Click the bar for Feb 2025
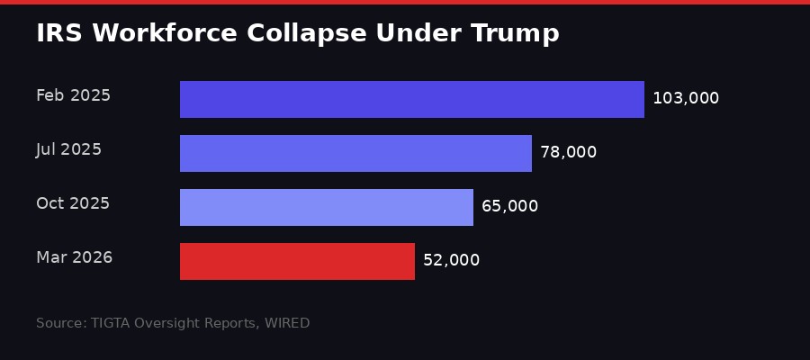tap(412, 99)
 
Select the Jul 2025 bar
tap(355, 153)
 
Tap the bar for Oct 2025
tap(327, 207)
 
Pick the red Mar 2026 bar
tap(297, 261)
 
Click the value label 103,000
tap(686, 98)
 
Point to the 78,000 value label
tap(568, 152)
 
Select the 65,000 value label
tap(509, 206)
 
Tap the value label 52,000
tap(451, 260)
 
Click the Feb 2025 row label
tap(73, 95)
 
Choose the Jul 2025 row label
tap(68, 149)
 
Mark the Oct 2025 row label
tap(73, 203)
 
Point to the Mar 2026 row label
tap(74, 257)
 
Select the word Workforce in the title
tap(156, 33)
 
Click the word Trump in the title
tap(521, 33)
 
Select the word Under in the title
tap(415, 33)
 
